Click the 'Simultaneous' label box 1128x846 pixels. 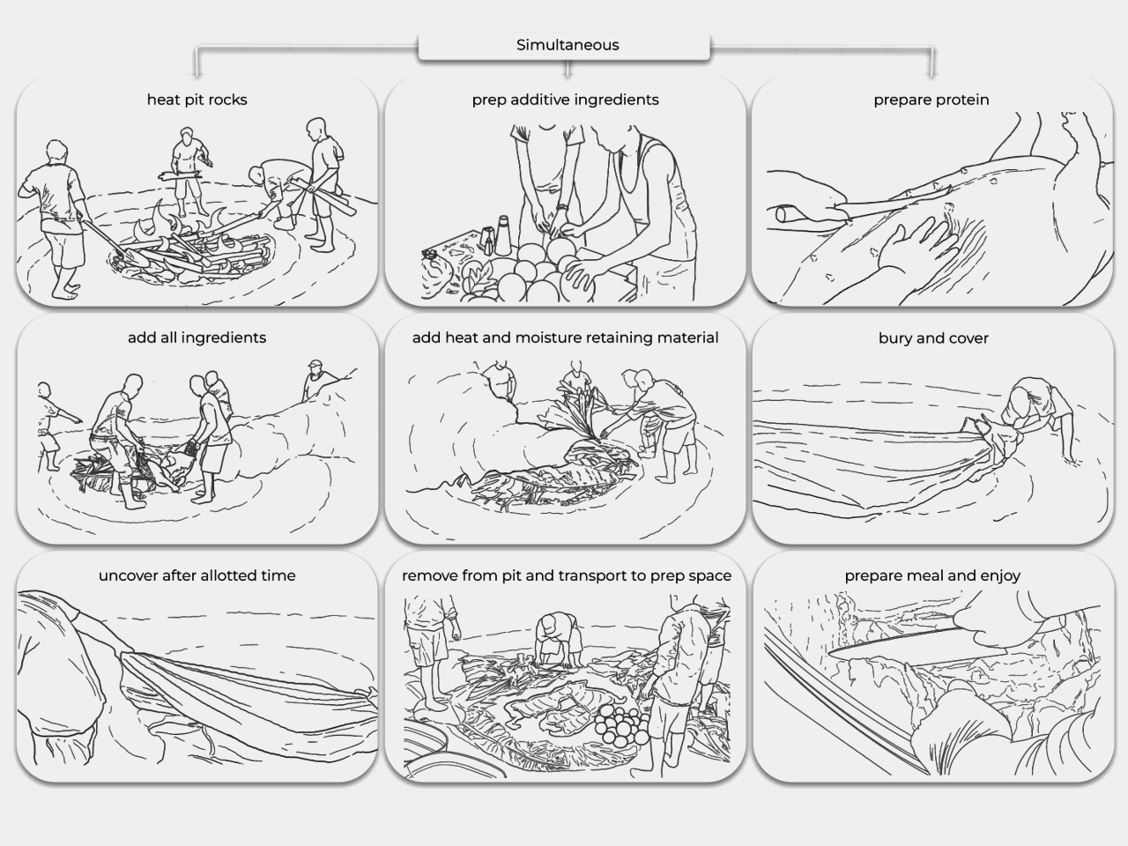(564, 46)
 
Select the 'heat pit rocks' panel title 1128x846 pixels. (197, 100)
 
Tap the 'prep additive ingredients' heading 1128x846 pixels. (565, 100)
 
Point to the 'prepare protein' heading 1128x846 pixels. (931, 100)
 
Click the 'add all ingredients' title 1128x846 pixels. (197, 338)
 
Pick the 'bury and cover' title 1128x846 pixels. (933, 338)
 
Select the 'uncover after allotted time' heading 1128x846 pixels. (197, 575)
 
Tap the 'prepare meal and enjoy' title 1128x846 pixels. (932, 575)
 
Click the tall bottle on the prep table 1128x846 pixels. (502, 235)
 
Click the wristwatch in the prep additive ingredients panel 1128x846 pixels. (561, 207)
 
